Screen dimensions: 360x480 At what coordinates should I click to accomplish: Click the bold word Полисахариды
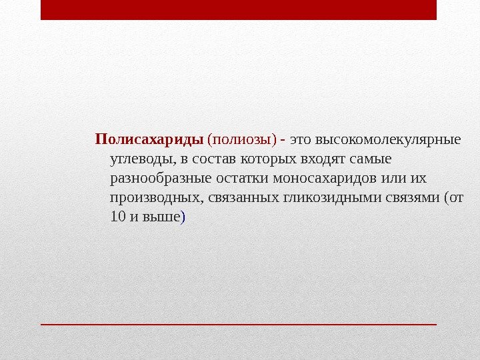tap(149, 141)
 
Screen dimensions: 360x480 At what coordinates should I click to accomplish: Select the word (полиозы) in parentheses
tap(242, 141)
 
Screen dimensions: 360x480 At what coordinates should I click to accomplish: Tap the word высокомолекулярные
tap(387, 141)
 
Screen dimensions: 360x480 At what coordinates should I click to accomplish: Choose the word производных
tap(156, 198)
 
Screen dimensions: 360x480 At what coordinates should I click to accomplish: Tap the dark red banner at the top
tap(238, 10)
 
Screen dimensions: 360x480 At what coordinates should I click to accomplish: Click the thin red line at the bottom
tap(238, 324)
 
